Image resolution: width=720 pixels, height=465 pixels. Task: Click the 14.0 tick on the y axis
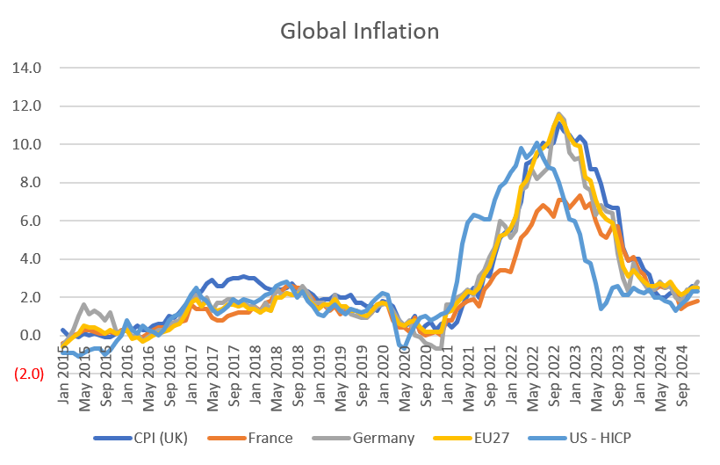(x=27, y=68)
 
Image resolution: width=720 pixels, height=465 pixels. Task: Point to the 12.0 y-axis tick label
(x=27, y=106)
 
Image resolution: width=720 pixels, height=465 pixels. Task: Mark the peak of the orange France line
(x=578, y=194)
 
